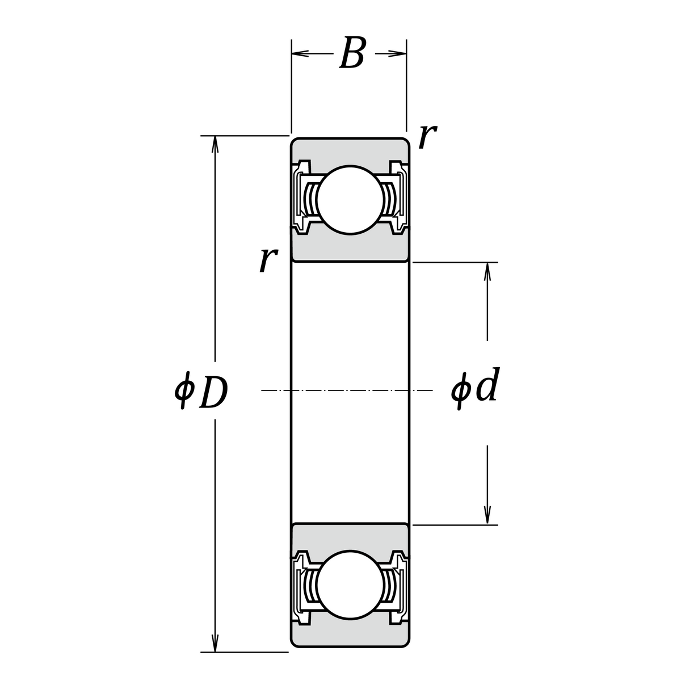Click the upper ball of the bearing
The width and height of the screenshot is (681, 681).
(x=350, y=199)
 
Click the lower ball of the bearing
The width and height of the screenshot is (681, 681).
(x=350, y=585)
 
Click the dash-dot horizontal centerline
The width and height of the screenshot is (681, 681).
(x=346, y=390)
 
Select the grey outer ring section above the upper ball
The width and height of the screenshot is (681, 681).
(x=350, y=150)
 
